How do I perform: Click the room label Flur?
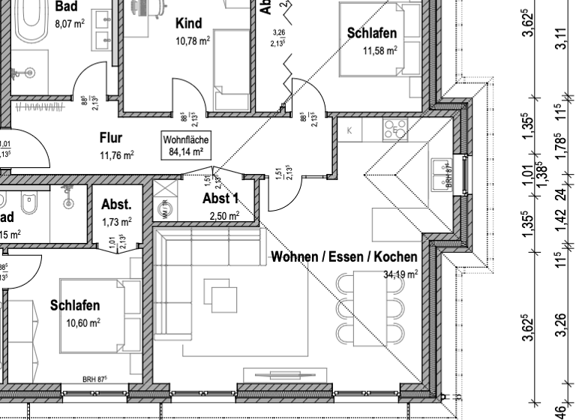click(x=111, y=138)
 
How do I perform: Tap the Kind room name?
click(x=189, y=22)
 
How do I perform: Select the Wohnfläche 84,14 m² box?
click(x=186, y=145)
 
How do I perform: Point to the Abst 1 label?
click(x=220, y=199)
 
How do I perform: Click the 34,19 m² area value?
click(x=400, y=274)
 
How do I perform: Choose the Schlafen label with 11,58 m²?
click(x=371, y=33)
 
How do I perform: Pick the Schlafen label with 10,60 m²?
click(x=75, y=306)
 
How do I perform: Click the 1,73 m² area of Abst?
click(x=116, y=223)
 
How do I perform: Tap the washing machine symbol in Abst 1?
click(x=164, y=211)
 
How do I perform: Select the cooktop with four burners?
click(x=396, y=130)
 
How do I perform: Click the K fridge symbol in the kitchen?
click(x=349, y=130)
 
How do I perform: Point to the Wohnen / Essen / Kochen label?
click(x=344, y=257)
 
